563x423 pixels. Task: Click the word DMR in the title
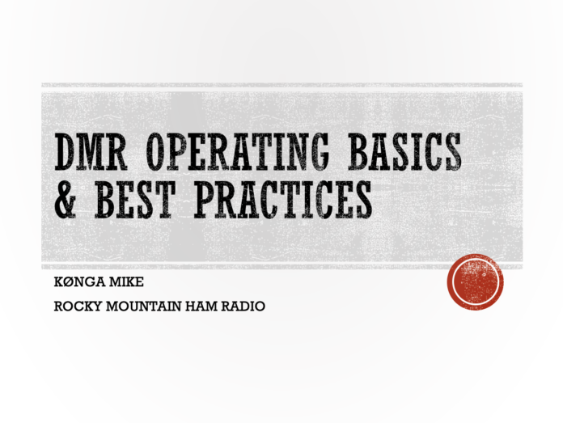[91, 151]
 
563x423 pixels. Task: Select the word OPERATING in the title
[238, 151]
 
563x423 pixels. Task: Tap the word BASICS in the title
[404, 151]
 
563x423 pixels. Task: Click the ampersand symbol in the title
[66, 200]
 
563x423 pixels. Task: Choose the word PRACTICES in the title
[283, 200]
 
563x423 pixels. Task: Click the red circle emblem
[475, 282]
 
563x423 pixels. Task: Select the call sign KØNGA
[79, 282]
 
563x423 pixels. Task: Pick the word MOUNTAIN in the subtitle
[144, 307]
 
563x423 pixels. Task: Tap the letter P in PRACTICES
[205, 200]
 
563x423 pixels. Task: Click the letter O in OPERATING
[156, 151]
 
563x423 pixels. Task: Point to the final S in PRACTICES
[362, 200]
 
